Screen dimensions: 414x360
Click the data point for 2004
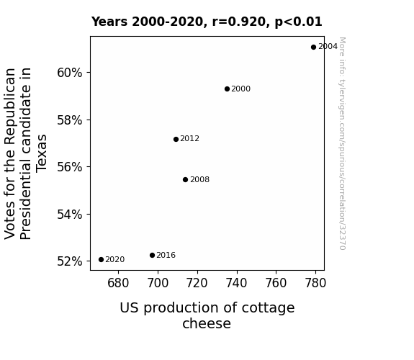click(x=313, y=48)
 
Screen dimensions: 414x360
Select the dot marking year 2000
click(x=227, y=89)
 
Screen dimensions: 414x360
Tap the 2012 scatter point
click(x=176, y=139)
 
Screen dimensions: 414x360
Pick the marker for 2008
click(x=185, y=179)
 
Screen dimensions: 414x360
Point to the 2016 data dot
click(x=152, y=255)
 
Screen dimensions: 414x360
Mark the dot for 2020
click(x=101, y=260)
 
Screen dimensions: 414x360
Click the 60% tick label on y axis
click(x=69, y=73)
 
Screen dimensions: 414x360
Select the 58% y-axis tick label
click(x=69, y=120)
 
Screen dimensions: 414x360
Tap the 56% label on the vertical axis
click(x=69, y=167)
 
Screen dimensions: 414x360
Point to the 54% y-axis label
click(x=69, y=215)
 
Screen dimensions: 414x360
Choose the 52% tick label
click(x=69, y=261)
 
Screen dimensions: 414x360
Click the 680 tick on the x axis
click(x=118, y=283)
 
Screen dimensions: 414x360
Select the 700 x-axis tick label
click(x=158, y=283)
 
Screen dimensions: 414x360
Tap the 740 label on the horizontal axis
click(x=237, y=283)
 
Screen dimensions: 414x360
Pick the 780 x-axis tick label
click(x=315, y=283)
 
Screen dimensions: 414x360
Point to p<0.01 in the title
click(x=298, y=22)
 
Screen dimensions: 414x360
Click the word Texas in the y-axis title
click(x=42, y=153)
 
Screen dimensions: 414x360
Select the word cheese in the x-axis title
click(x=207, y=323)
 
